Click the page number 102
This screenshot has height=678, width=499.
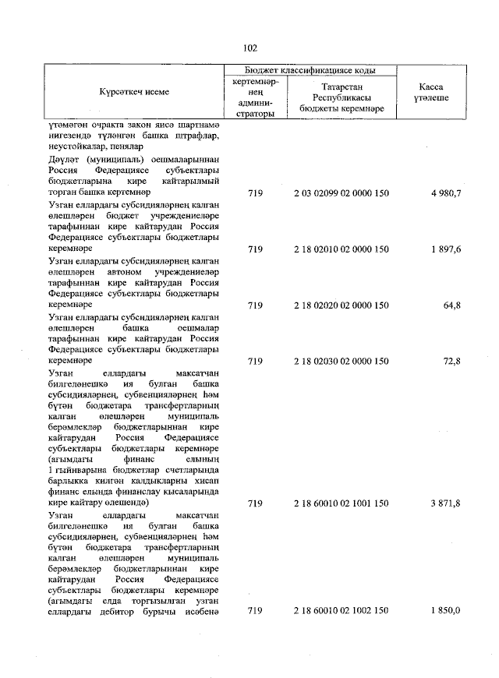pyautogui.click(x=249, y=48)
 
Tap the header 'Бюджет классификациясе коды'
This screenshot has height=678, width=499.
pyautogui.click(x=310, y=70)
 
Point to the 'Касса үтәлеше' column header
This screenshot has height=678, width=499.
pyautogui.click(x=432, y=92)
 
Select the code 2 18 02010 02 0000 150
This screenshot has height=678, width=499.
pyautogui.click(x=341, y=249)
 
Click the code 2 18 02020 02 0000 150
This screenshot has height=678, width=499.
pyautogui.click(x=341, y=305)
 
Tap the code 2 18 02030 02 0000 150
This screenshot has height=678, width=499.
pyautogui.click(x=341, y=362)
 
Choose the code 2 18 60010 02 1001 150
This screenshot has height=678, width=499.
pyautogui.click(x=341, y=504)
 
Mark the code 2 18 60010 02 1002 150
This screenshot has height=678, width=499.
pyautogui.click(x=341, y=611)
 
